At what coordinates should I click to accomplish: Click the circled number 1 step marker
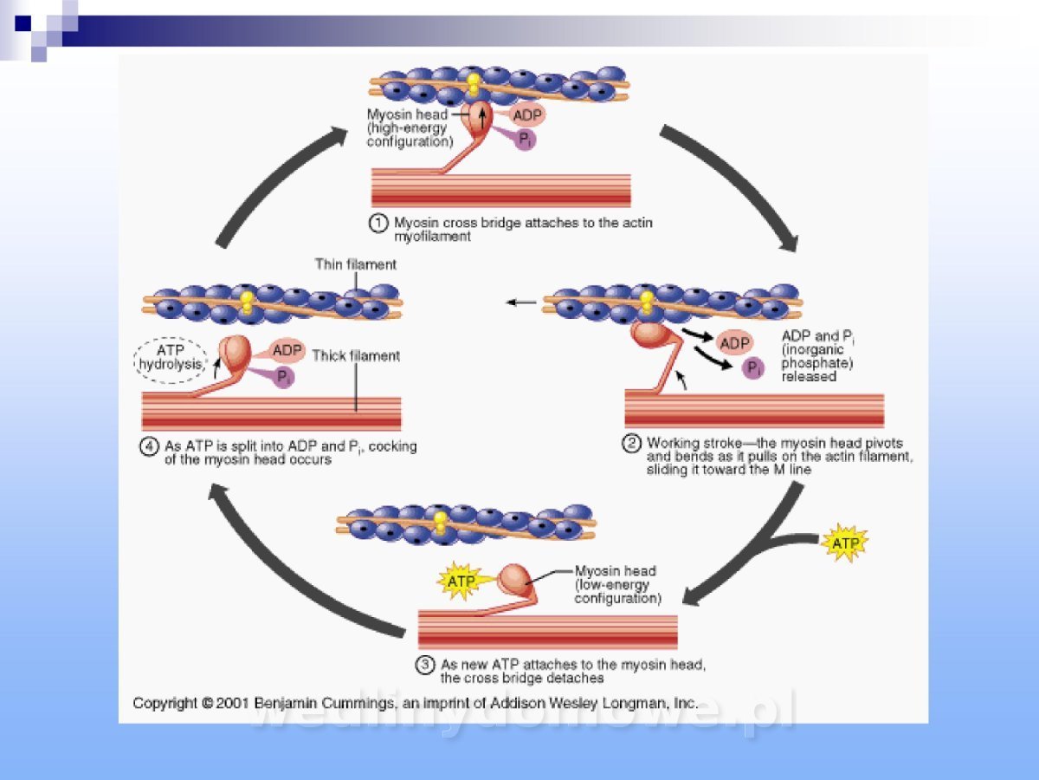click(x=378, y=224)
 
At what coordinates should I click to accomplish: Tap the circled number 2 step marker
click(x=633, y=444)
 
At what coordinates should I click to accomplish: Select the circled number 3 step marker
click(x=425, y=666)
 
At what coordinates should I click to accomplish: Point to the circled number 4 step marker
click(x=150, y=447)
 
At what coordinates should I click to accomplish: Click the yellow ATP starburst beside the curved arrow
click(x=843, y=543)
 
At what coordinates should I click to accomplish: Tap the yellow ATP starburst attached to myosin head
click(x=461, y=582)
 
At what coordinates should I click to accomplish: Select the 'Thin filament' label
click(x=355, y=264)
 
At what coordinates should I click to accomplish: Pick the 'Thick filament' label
click(x=356, y=355)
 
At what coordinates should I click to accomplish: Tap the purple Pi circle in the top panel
click(x=524, y=139)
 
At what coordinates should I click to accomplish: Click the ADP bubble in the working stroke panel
click(x=734, y=343)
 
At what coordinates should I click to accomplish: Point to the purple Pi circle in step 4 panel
click(x=282, y=376)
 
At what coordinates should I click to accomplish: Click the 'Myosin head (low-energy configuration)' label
click(x=616, y=585)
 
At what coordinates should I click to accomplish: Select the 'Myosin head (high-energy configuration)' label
click(x=409, y=127)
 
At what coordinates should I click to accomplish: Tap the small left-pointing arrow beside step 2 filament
click(x=521, y=302)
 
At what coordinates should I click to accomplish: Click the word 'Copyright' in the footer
click(x=165, y=704)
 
